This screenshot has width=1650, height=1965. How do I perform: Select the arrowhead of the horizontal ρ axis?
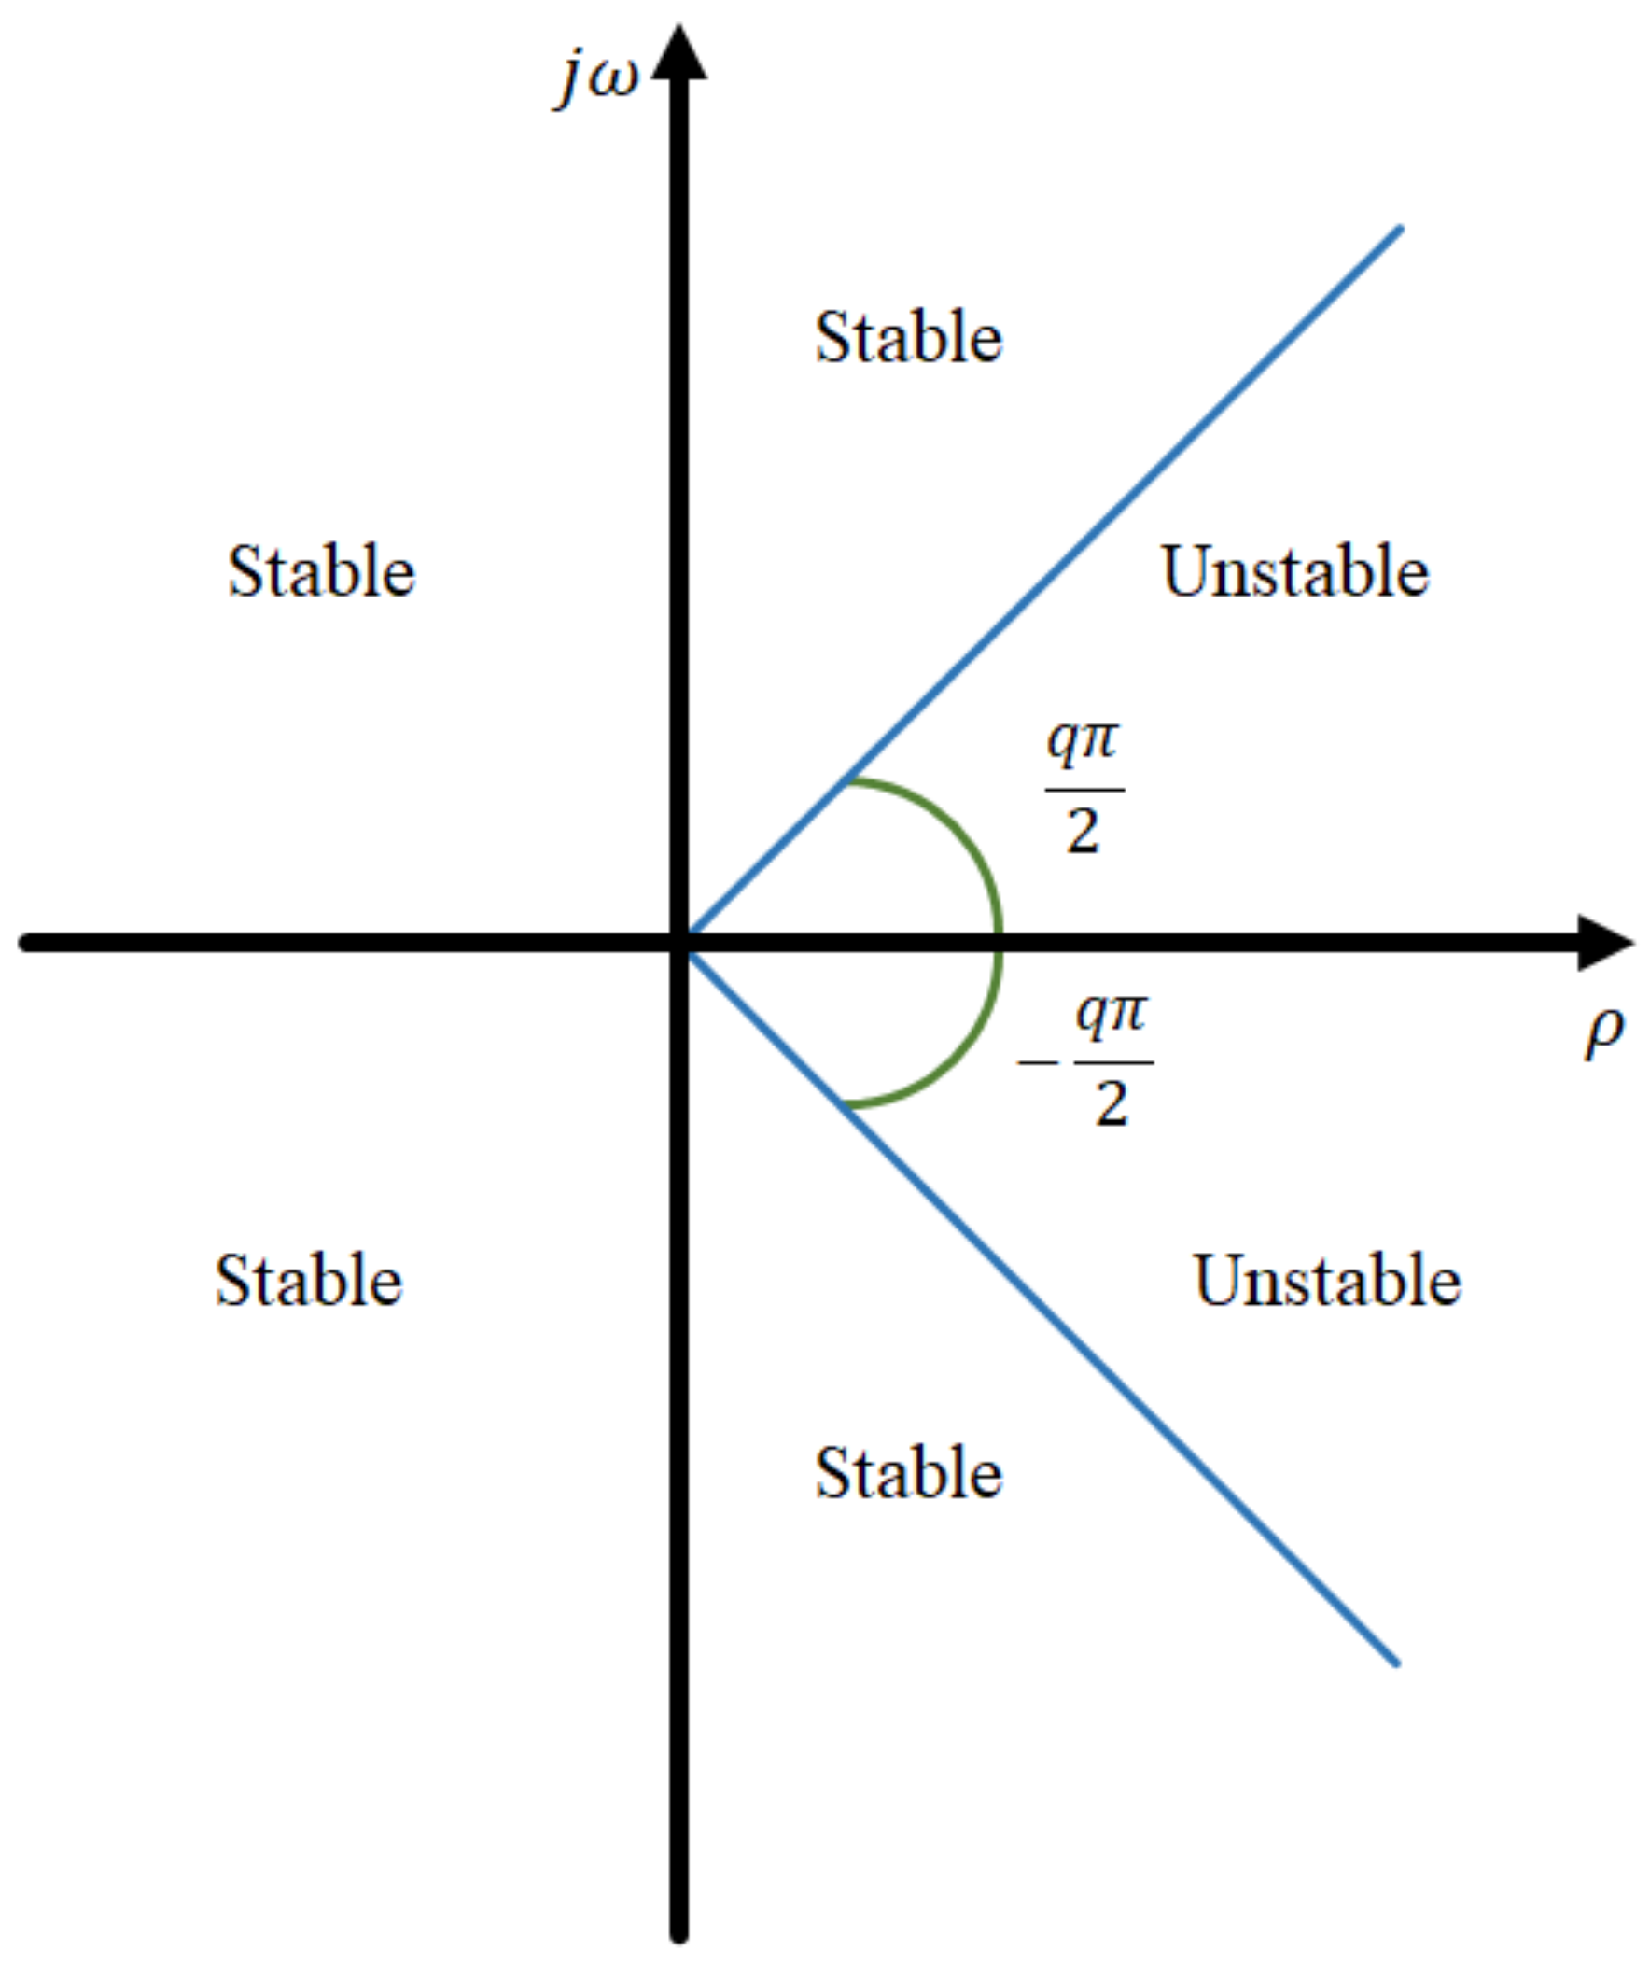[1603, 943]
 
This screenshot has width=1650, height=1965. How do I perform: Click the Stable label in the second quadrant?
[322, 571]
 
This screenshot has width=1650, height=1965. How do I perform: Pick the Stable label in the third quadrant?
[309, 1280]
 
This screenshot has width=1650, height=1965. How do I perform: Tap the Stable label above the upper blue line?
[908, 338]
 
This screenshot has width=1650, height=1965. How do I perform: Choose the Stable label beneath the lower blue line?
[908, 1473]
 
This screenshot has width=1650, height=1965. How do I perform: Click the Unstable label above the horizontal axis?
[1295, 571]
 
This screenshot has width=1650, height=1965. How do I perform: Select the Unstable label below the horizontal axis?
[1327, 1280]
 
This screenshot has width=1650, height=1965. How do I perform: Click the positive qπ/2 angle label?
[1084, 788]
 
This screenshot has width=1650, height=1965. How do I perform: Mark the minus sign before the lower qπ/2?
[1037, 1064]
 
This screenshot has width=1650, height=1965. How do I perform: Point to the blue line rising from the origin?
[1123, 505]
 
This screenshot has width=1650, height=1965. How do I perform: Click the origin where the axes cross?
[680, 943]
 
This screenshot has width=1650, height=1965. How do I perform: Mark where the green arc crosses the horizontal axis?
[1000, 943]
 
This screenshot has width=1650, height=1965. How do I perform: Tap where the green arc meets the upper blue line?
[847, 780]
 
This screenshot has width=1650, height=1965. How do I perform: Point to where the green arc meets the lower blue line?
[847, 1106]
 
